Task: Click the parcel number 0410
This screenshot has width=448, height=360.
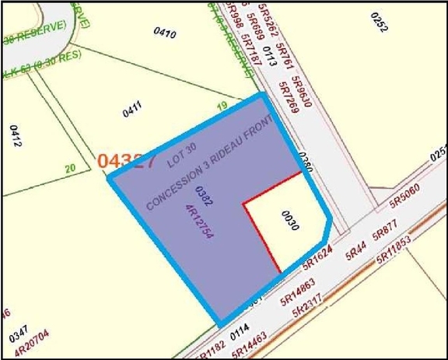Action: [165, 33]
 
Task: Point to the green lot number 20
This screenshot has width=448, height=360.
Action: [69, 167]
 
